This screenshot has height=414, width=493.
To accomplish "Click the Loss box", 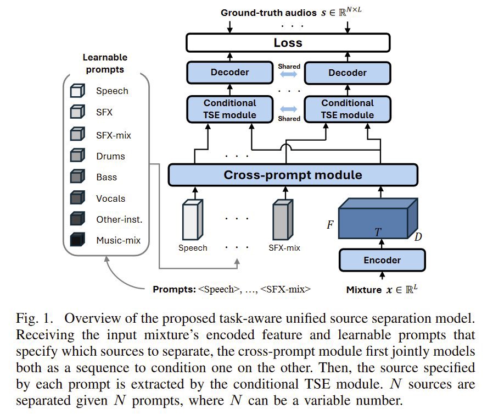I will tap(288, 42).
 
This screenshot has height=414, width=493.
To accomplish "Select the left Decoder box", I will tap(229, 72).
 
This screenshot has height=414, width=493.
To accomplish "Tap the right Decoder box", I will tap(347, 72).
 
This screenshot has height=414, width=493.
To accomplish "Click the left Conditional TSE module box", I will tap(229, 109).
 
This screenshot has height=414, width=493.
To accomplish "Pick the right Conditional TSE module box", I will tap(347, 109).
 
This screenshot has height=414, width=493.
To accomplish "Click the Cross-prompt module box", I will tap(293, 175).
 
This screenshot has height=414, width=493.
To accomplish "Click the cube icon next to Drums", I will tap(77, 156).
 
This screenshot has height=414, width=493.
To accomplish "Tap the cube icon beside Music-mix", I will tap(77, 240).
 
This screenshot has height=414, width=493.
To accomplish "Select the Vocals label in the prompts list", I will tap(110, 198).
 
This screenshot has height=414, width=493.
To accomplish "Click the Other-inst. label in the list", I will tap(119, 219).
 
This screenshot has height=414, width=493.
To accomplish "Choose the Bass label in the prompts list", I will tap(107, 177).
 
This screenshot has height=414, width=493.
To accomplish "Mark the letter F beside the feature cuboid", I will tap(330, 225).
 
